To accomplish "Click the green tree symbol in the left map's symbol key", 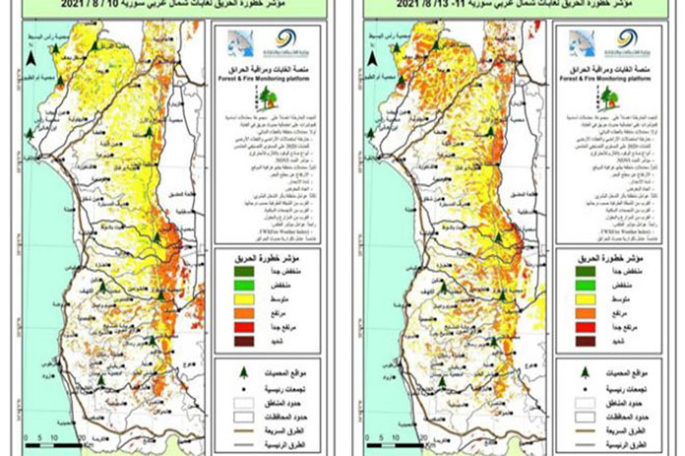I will pos(233,368).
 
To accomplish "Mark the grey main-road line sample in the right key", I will pos(573,444).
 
